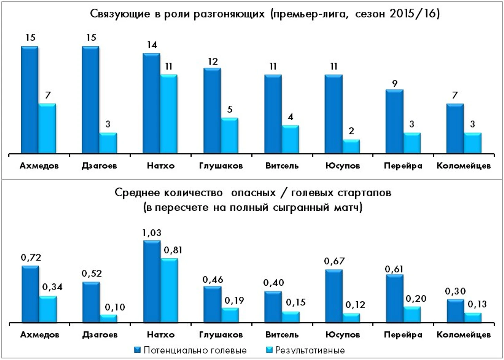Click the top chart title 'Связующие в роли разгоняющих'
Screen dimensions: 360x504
177,14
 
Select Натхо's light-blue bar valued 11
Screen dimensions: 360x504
169,114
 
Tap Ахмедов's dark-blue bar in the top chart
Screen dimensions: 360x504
30,100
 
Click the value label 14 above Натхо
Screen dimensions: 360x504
152,45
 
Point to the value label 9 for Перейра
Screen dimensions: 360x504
395,84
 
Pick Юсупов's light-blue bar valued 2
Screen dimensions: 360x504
351,146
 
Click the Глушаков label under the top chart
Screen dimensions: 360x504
221,166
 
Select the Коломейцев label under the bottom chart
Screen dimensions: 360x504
464,335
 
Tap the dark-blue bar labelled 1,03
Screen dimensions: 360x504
152,282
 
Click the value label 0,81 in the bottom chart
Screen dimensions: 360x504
173,250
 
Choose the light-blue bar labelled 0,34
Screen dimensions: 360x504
48,309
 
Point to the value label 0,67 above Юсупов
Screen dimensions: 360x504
334,262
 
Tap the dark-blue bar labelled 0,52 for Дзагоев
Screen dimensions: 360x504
91,302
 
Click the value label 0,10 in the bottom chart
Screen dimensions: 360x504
115,307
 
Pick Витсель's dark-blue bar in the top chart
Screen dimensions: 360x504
273,114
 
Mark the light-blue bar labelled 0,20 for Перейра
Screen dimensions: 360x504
412,314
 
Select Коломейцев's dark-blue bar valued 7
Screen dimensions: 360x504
455,129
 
